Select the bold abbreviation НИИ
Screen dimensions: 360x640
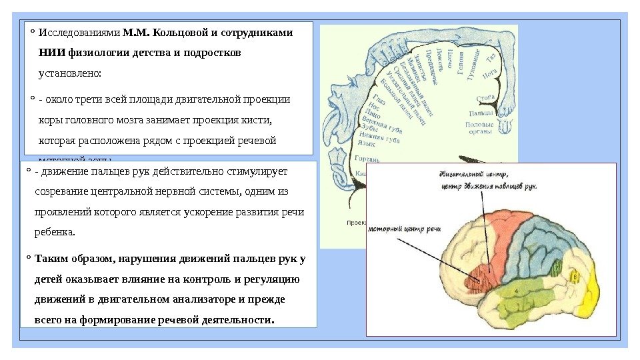(x=52, y=52)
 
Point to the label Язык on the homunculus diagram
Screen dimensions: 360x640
(x=366, y=143)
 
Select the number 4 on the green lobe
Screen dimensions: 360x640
(x=516, y=291)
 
